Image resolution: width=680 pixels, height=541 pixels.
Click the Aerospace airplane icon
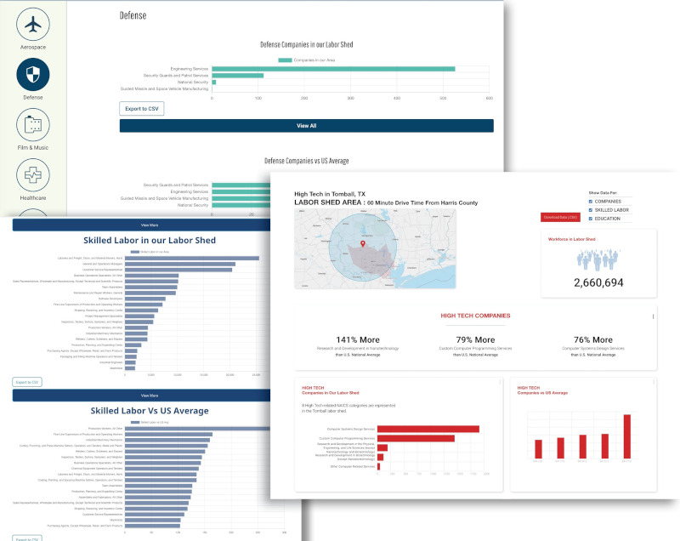(x=33, y=25)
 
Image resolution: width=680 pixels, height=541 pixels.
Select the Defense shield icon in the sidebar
(x=33, y=75)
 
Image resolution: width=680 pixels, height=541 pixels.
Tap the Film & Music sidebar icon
(x=33, y=125)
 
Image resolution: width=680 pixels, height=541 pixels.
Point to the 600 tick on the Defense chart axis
(x=490, y=99)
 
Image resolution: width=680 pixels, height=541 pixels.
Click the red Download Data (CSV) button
(x=560, y=217)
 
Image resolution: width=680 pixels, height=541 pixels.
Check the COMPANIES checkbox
(x=591, y=202)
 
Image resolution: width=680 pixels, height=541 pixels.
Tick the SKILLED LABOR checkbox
(x=591, y=210)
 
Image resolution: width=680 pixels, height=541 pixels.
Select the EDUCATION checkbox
(x=591, y=219)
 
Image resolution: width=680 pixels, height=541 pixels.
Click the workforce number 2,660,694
(x=598, y=282)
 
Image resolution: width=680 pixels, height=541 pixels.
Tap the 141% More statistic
(x=358, y=339)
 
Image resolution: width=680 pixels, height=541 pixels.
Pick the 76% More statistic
(x=592, y=339)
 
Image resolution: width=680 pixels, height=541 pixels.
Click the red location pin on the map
(x=363, y=244)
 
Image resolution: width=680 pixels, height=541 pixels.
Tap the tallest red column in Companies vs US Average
(x=627, y=437)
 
